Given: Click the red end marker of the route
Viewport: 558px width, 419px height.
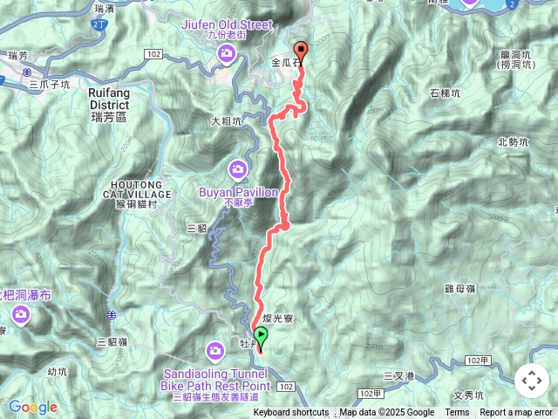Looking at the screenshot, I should click(x=302, y=50).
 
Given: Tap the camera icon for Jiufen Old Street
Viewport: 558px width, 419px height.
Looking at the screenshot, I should click(x=226, y=56).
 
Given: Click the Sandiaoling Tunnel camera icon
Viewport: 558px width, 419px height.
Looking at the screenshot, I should click(x=215, y=351).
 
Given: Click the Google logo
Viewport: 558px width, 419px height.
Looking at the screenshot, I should click(x=33, y=407).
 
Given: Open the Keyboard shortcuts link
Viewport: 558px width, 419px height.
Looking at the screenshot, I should click(x=291, y=413).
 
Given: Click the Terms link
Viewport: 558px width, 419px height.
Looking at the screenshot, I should click(x=457, y=413).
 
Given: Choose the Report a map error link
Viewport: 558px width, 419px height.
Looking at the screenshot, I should click(x=516, y=413).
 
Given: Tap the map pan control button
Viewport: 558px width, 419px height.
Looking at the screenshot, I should click(x=531, y=381).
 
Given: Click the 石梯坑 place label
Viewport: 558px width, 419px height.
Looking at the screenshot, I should click(x=446, y=93).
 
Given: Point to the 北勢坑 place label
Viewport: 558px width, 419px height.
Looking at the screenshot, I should click(x=513, y=141).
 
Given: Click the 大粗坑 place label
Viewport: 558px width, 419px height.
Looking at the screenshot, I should click(x=227, y=122).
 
